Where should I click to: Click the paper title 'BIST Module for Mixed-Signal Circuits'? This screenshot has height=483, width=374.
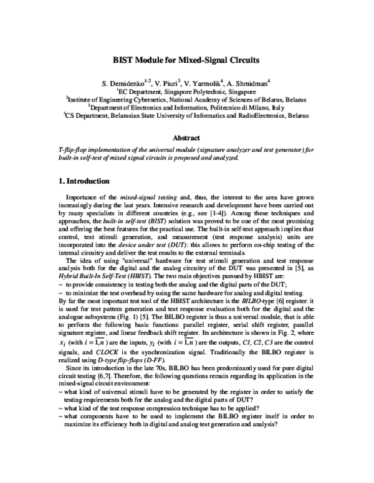[186, 61]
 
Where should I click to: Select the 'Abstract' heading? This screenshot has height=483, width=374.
[186, 138]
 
